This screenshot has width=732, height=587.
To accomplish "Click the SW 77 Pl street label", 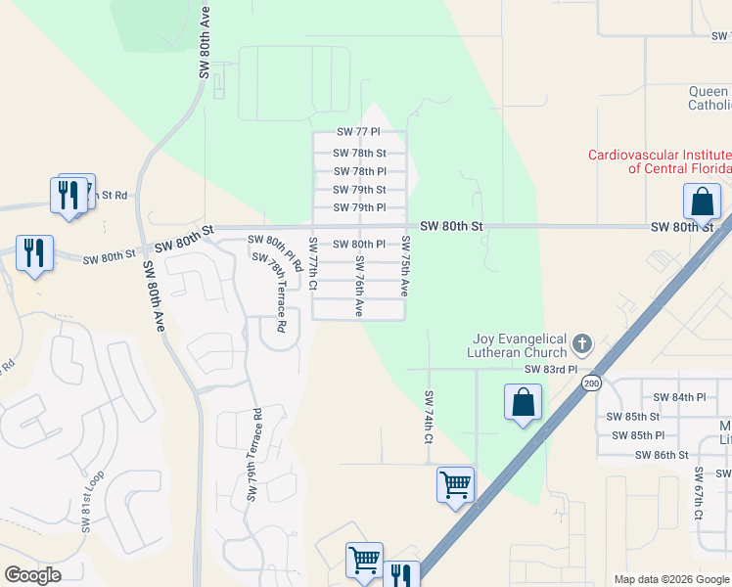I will pos(357,131).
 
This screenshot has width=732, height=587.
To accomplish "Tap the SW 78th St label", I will pos(359,153).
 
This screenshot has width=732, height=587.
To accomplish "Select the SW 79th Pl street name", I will pos(359,207).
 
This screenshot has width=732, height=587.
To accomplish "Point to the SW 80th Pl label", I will pos(359,244).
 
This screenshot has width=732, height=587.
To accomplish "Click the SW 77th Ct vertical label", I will pos(313,264).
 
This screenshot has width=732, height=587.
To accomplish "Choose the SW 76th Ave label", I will pos(359,286).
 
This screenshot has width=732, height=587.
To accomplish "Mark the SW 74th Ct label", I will pos(428,418).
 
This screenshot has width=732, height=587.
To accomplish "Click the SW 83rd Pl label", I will pos(551,370).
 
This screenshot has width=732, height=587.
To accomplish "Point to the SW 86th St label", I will pos(662,455).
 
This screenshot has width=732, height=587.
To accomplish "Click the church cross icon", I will pos(582,343).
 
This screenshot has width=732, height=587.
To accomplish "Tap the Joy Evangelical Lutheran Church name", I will pos(519,344).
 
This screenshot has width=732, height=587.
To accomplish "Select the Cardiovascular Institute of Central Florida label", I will pos(659,161).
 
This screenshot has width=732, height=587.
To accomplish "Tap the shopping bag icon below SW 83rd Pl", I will pos(524,401).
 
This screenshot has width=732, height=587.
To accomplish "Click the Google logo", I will pos(33,575).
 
